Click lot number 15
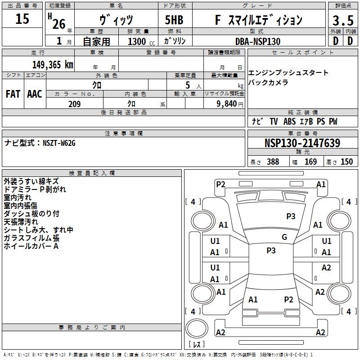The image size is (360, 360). pos(22,19)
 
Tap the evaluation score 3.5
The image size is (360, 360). pos(342,20)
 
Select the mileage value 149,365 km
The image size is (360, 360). pos(53,64)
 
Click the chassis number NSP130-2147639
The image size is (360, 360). pos(302,143)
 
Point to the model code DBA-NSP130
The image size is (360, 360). pos(258,41)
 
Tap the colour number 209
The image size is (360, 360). pos(74,104)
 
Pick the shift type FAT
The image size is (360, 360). pos(13,94)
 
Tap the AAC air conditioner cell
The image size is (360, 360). pos(35,94)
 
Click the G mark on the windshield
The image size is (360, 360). pos(284,237)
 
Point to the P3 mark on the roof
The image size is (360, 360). pos(271,251)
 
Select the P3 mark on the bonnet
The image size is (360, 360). pos(291,216)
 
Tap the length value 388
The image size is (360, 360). pos(273,162)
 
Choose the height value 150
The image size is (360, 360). pos(346,162)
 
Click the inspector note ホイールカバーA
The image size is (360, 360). pos(31,246)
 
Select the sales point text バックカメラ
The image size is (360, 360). pos(268,82)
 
